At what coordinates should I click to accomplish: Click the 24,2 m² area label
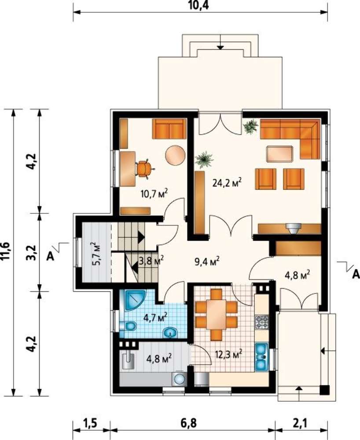(x=227, y=183)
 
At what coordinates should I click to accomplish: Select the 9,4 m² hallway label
(x=207, y=261)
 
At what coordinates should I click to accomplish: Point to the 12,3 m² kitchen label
(x=228, y=354)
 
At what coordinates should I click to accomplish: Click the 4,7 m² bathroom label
(x=155, y=318)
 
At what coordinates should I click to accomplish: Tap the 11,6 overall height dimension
(x=7, y=252)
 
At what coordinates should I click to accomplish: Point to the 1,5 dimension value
(x=90, y=423)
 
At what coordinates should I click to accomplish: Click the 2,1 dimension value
(x=300, y=423)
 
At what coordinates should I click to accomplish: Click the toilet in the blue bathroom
(x=128, y=326)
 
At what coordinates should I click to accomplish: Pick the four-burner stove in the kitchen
(x=261, y=322)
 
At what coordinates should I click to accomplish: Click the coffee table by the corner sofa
(x=279, y=154)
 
